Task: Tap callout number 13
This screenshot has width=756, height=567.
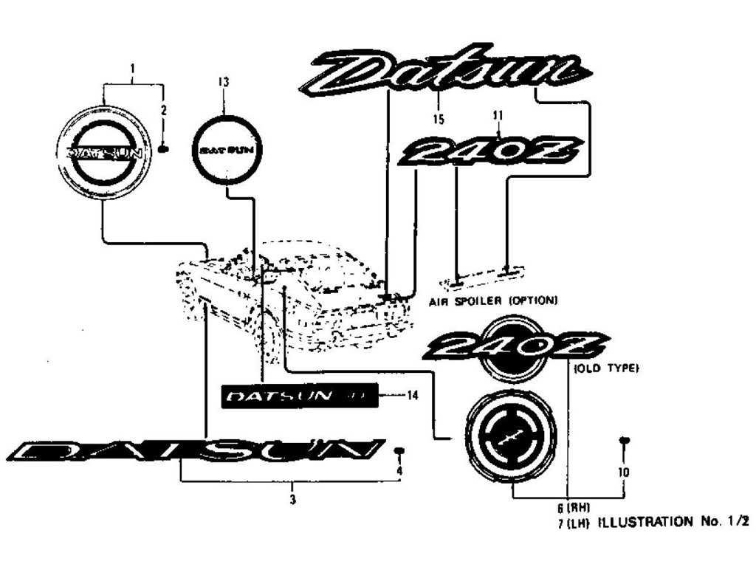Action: [224, 83]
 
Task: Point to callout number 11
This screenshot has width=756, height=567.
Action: [498, 116]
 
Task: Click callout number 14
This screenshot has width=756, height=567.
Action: [412, 396]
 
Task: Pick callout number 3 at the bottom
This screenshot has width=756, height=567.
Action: [293, 500]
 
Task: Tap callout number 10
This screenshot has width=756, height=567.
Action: [624, 472]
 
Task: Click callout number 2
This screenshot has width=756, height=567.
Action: [164, 110]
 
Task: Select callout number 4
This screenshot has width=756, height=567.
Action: [399, 470]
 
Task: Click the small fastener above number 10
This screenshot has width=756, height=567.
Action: [624, 441]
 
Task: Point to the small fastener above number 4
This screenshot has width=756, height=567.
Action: [399, 450]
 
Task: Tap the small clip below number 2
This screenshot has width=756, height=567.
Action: [164, 148]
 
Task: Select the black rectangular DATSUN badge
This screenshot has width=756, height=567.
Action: [301, 396]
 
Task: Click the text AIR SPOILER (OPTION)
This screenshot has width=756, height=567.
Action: [492, 300]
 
